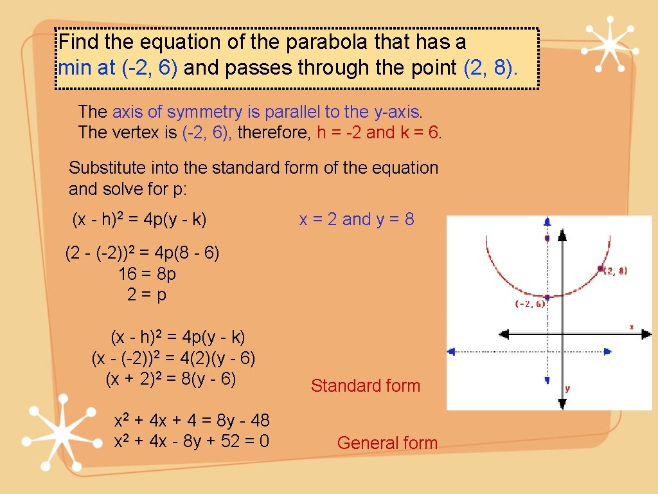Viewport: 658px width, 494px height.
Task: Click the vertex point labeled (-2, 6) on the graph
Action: [547, 297]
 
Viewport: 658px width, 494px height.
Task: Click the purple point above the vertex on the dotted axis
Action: [547, 239]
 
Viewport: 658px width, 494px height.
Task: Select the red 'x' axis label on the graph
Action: [631, 327]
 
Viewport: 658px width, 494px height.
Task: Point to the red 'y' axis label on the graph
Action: [567, 388]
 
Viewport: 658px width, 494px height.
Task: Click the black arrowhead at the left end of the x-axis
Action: [504, 334]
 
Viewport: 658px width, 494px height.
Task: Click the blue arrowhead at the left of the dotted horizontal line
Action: [451, 351]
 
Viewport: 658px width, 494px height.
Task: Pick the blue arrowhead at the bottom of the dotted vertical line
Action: [547, 380]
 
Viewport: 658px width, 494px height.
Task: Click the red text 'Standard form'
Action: [365, 386]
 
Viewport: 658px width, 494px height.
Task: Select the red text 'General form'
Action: [387, 443]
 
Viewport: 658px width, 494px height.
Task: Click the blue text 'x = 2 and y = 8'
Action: [357, 219]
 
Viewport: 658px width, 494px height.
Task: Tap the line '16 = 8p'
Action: [147, 274]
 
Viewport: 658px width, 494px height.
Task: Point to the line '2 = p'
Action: [147, 295]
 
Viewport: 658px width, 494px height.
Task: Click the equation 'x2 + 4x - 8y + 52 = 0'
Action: [191, 442]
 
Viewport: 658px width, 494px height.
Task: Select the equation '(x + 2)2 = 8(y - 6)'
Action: [171, 379]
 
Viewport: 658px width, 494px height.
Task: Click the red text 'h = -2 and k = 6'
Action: [379, 133]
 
